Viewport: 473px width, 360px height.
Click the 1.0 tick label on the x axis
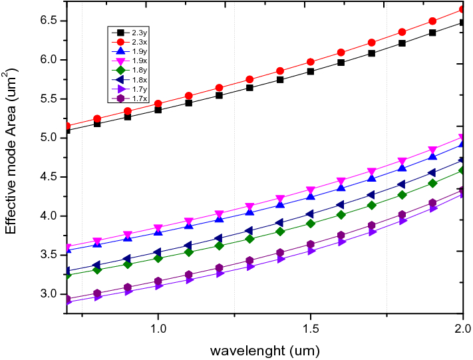(158, 329)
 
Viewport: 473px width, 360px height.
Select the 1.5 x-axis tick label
(310, 329)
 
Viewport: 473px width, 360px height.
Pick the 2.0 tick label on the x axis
(462, 329)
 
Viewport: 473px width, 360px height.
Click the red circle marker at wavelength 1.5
(310, 62)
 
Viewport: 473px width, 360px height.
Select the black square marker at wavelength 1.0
(158, 109)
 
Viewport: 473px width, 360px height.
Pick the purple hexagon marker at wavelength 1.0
(158, 281)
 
